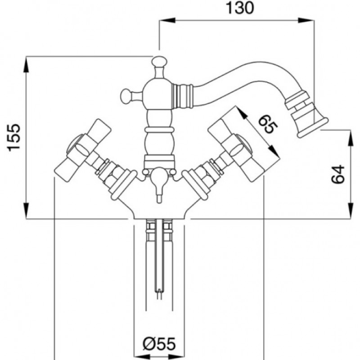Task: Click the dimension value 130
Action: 240,8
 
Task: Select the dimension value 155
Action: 14,138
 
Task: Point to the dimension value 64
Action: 338,174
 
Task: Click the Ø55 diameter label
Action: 159,344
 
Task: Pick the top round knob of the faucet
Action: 159,61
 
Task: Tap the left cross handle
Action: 83,150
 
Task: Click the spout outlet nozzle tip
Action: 313,128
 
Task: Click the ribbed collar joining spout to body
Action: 182,96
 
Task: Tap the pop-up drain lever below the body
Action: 159,184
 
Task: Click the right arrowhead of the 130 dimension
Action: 306,20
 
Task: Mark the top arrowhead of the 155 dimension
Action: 27,64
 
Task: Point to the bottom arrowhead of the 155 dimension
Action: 27,211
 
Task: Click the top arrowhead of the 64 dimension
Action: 351,138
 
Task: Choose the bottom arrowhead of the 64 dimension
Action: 351,211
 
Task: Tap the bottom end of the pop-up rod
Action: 159,298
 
